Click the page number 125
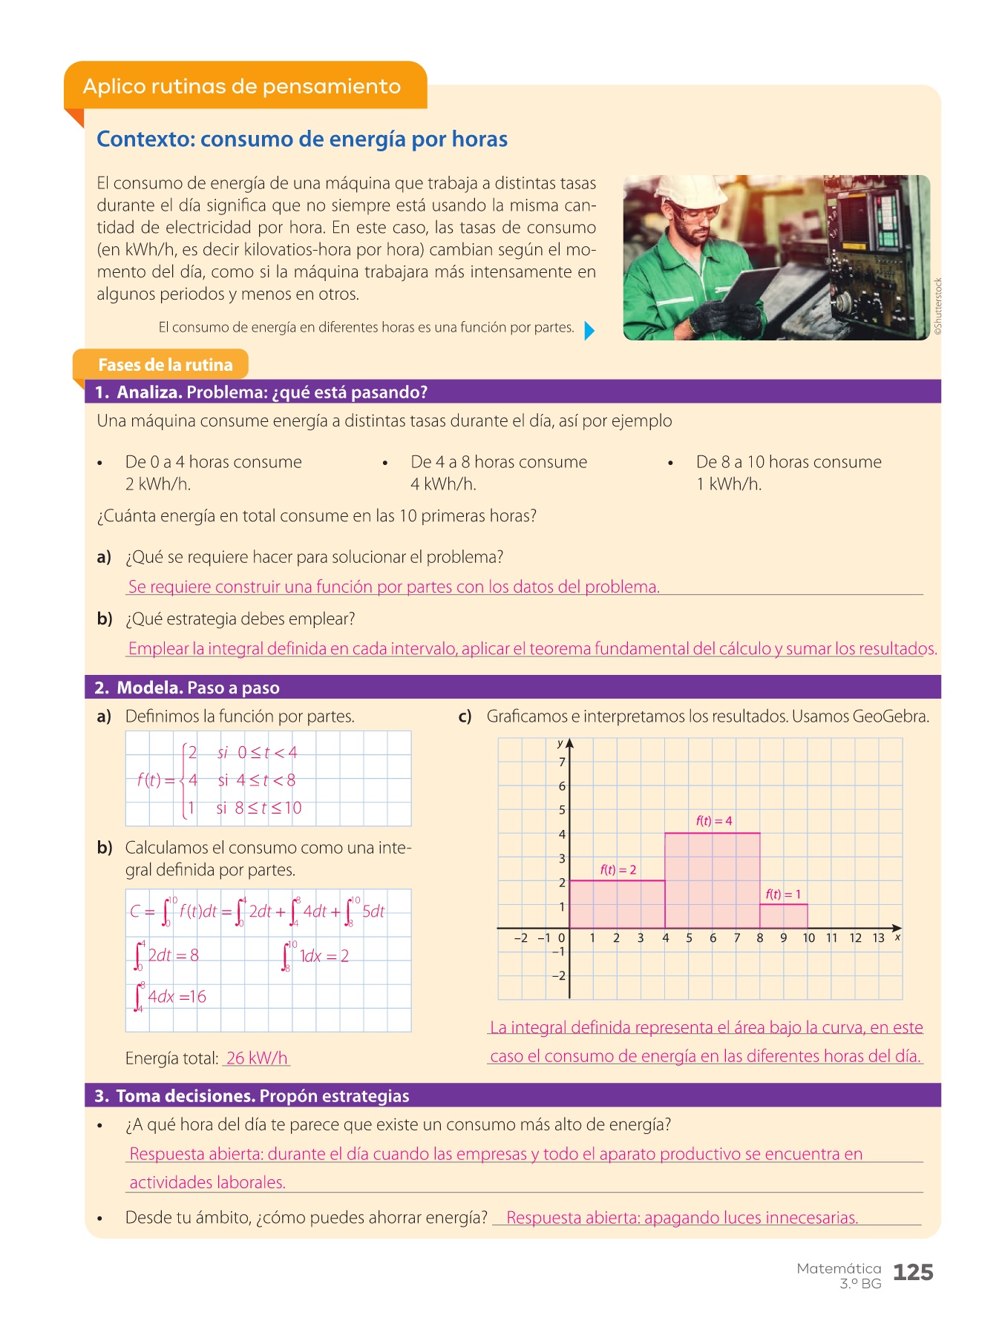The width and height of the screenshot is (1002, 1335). coord(913,1273)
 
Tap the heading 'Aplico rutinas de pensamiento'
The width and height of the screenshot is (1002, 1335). coord(242,87)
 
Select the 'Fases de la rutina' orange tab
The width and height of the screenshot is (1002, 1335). coord(165,365)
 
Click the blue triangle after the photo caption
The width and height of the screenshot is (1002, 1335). coord(589,330)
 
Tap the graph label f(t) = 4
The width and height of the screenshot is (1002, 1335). coord(714,821)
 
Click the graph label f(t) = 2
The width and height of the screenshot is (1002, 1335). coord(618,870)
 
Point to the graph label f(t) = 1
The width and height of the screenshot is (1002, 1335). coord(783,894)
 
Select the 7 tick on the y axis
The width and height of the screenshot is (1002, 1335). coord(562,762)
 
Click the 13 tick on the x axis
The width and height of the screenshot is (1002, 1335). coord(879,938)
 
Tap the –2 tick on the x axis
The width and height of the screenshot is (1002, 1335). coord(521,938)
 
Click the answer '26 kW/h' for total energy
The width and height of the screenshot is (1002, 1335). coord(257,1058)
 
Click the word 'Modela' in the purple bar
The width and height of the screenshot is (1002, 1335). coord(149,688)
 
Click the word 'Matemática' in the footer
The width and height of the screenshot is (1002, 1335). coord(839,1269)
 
